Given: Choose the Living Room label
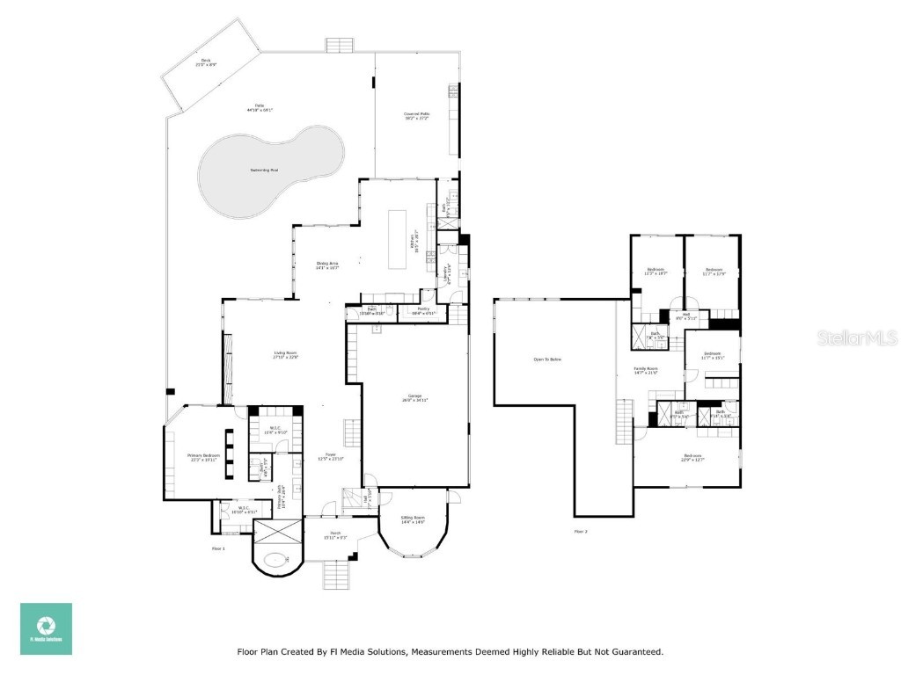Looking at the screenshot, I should (x=285, y=354).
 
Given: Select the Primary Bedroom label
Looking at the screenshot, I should (x=203, y=457).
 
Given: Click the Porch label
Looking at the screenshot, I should (x=336, y=535).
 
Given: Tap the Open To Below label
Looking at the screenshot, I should (x=547, y=359).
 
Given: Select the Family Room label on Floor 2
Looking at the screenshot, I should (x=647, y=371).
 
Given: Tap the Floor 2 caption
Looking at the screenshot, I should (x=581, y=531).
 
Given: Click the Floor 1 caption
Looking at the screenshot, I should (x=219, y=548).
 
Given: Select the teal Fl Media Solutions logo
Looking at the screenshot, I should (x=47, y=628).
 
